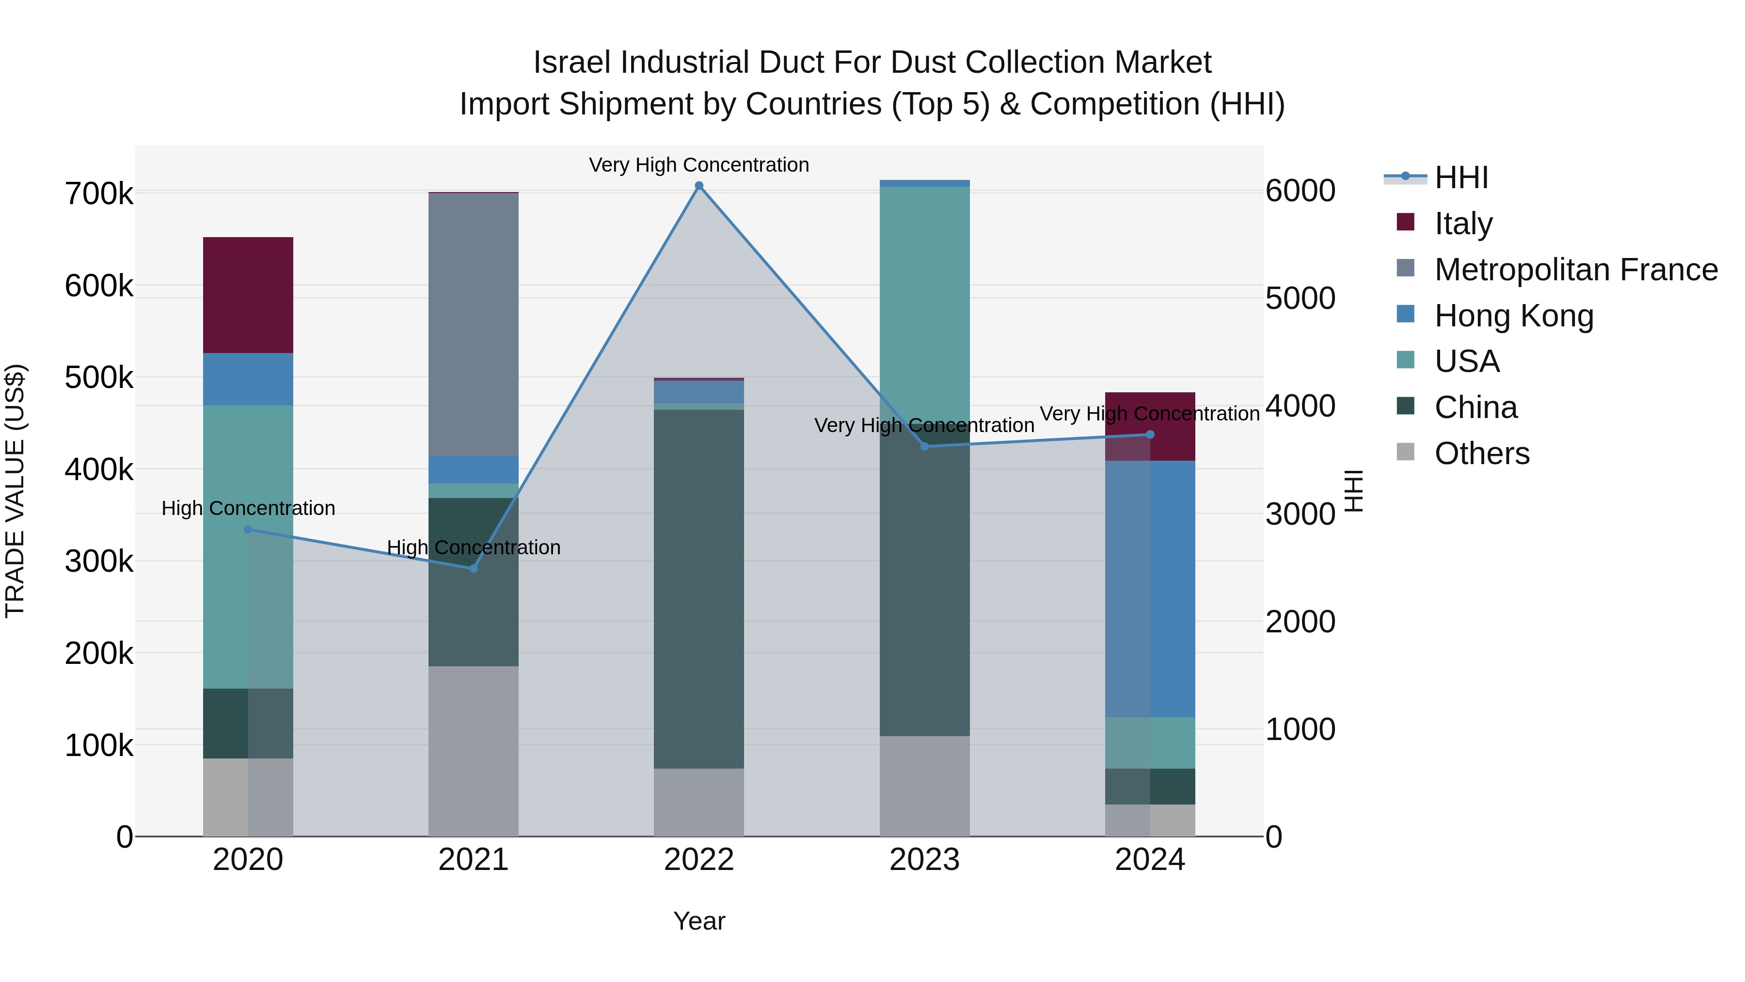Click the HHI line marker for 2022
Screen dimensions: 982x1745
click(699, 186)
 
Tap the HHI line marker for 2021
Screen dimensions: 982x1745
click(474, 568)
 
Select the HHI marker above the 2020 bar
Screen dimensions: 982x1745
click(248, 529)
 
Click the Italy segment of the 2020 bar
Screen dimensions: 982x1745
click(248, 295)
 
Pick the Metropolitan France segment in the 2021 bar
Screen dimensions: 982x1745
click(474, 324)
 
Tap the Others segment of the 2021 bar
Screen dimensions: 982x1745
click(474, 750)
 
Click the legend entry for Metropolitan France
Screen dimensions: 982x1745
click(1576, 270)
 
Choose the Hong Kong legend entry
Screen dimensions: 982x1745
click(1513, 316)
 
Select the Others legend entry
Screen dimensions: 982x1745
click(1481, 453)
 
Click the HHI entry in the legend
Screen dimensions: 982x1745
click(1461, 177)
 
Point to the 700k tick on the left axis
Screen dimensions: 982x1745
click(99, 194)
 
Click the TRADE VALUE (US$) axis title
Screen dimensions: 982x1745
click(15, 491)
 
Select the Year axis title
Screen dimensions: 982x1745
click(698, 921)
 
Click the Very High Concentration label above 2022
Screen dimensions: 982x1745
click(698, 165)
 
